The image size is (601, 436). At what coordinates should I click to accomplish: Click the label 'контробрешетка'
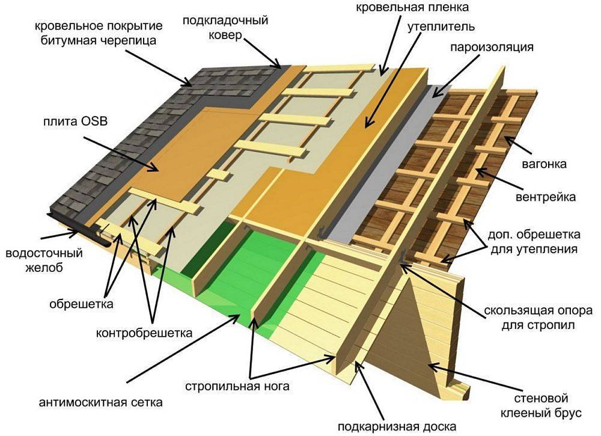144,332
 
